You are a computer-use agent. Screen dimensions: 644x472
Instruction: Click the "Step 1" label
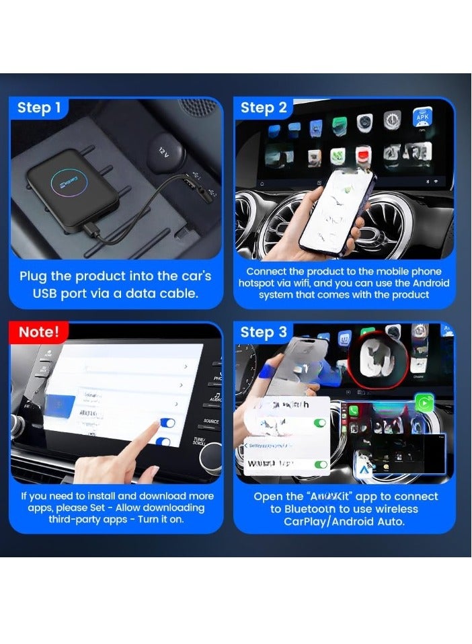coord(39,108)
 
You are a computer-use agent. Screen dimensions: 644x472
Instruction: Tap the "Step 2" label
coord(264,108)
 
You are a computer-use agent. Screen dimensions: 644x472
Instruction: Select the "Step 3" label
coord(264,332)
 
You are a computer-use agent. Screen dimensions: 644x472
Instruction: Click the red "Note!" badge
coord(39,331)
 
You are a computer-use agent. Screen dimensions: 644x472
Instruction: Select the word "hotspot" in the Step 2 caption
coord(258,284)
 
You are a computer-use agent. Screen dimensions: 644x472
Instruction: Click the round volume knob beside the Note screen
coord(210,458)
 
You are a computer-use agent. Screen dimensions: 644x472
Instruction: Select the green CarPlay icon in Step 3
coord(424,403)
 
